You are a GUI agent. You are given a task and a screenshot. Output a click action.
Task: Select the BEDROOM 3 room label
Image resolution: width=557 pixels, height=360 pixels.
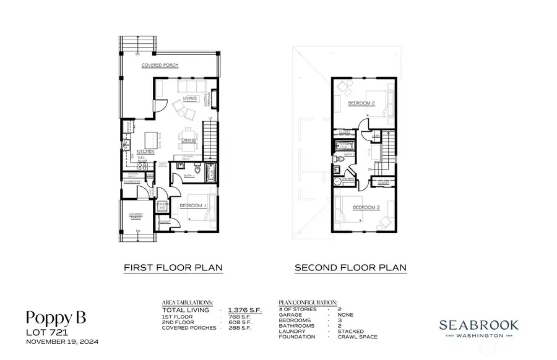pyautogui.click(x=366, y=208)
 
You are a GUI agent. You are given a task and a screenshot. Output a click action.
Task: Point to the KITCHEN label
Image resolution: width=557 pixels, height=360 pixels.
pyautogui.click(x=145, y=152)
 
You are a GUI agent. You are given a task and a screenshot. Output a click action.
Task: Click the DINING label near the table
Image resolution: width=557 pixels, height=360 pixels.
pyautogui.click(x=189, y=140)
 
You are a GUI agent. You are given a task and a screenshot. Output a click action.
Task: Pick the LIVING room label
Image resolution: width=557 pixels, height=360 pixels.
pyautogui.click(x=189, y=98)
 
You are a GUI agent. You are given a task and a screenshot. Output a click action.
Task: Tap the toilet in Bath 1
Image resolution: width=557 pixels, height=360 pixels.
pyautogui.click(x=197, y=169)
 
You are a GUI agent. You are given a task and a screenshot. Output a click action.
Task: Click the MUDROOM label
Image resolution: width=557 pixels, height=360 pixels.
pyautogui.click(x=132, y=182)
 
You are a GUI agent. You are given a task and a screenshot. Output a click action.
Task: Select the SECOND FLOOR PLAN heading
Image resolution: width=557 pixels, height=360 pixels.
pyautogui.click(x=350, y=268)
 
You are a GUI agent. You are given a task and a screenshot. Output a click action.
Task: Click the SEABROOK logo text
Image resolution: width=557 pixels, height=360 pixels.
pyautogui.click(x=479, y=324)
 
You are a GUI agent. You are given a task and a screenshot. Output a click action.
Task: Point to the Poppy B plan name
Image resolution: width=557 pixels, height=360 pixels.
pyautogui.click(x=56, y=317)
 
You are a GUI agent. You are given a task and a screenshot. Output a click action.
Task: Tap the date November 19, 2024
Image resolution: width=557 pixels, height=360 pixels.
pyautogui.click(x=62, y=341)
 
